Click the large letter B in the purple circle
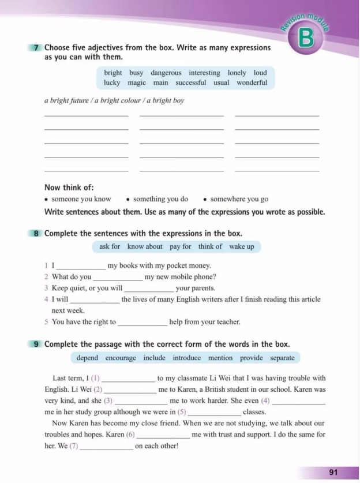click(307, 39)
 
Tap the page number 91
click(333, 472)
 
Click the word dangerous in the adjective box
click(166, 73)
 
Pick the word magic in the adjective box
click(137, 83)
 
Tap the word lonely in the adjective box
click(237, 73)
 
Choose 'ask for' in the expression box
click(110, 246)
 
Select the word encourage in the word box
click(121, 358)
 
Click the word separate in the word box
click(280, 358)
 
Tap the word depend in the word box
click(87, 358)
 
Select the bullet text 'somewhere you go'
click(239, 199)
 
